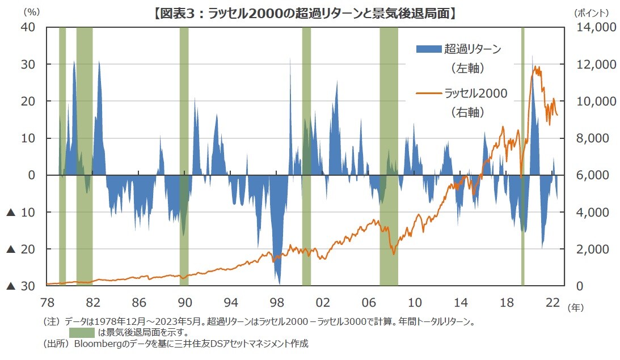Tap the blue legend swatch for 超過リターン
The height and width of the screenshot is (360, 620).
pyautogui.click(x=429, y=49)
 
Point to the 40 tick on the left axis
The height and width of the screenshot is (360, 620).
pyautogui.click(x=29, y=27)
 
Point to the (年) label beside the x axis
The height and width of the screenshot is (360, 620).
pyautogui.click(x=575, y=307)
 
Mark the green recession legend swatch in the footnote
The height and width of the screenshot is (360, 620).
pyautogui.click(x=82, y=332)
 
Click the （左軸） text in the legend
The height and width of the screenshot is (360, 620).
pyautogui.click(x=468, y=69)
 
